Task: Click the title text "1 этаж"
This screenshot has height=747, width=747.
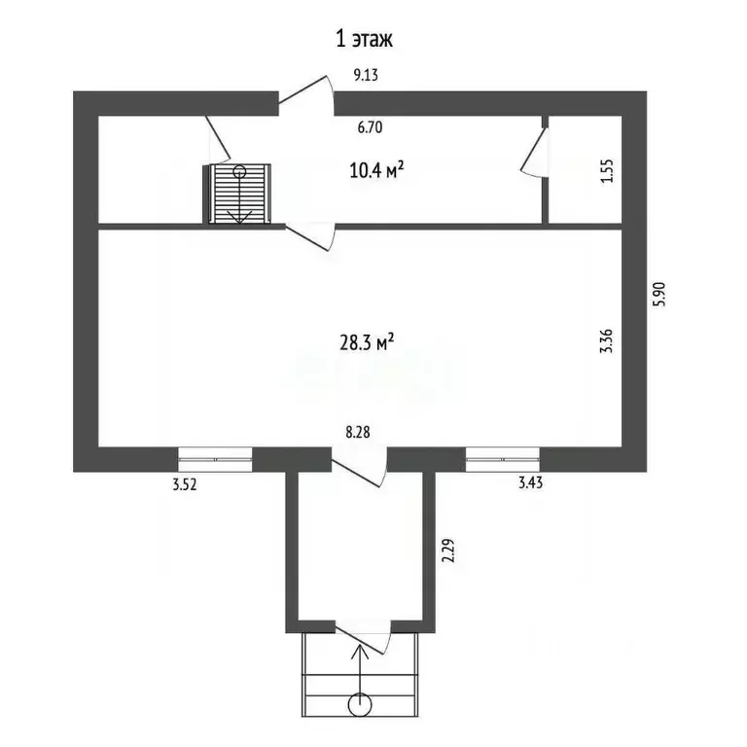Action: pos(363,39)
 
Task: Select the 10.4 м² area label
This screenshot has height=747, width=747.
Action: pos(376,171)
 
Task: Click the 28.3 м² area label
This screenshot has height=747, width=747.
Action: pos(366,342)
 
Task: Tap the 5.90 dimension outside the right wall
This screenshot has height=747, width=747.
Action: pos(661,293)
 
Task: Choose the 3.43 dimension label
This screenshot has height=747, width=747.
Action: pos(530,482)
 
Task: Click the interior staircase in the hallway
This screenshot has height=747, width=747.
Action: pos(240,195)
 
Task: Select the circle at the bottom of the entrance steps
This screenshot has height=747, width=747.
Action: pos(361,703)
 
